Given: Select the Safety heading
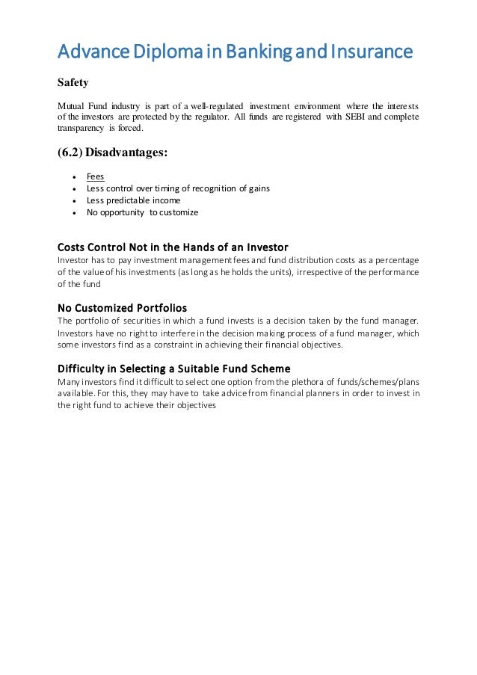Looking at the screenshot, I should [x=73, y=82].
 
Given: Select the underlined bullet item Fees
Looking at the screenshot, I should [x=95, y=177].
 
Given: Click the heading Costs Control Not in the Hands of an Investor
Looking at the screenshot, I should [x=173, y=247].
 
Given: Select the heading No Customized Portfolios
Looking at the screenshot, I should [x=122, y=307].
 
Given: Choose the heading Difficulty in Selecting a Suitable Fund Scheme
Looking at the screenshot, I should [x=173, y=369].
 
